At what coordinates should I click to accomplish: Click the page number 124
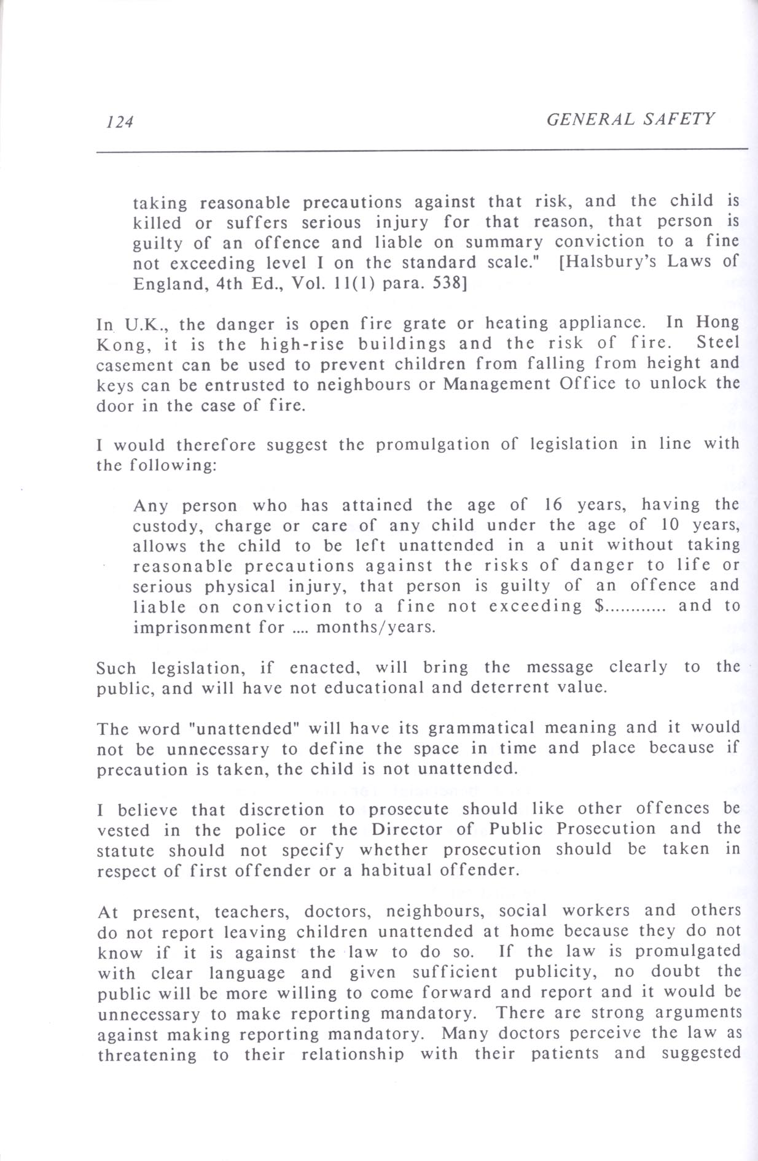click(x=119, y=122)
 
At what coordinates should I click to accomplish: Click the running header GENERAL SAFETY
click(x=631, y=118)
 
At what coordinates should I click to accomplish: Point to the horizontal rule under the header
click(x=422, y=149)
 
